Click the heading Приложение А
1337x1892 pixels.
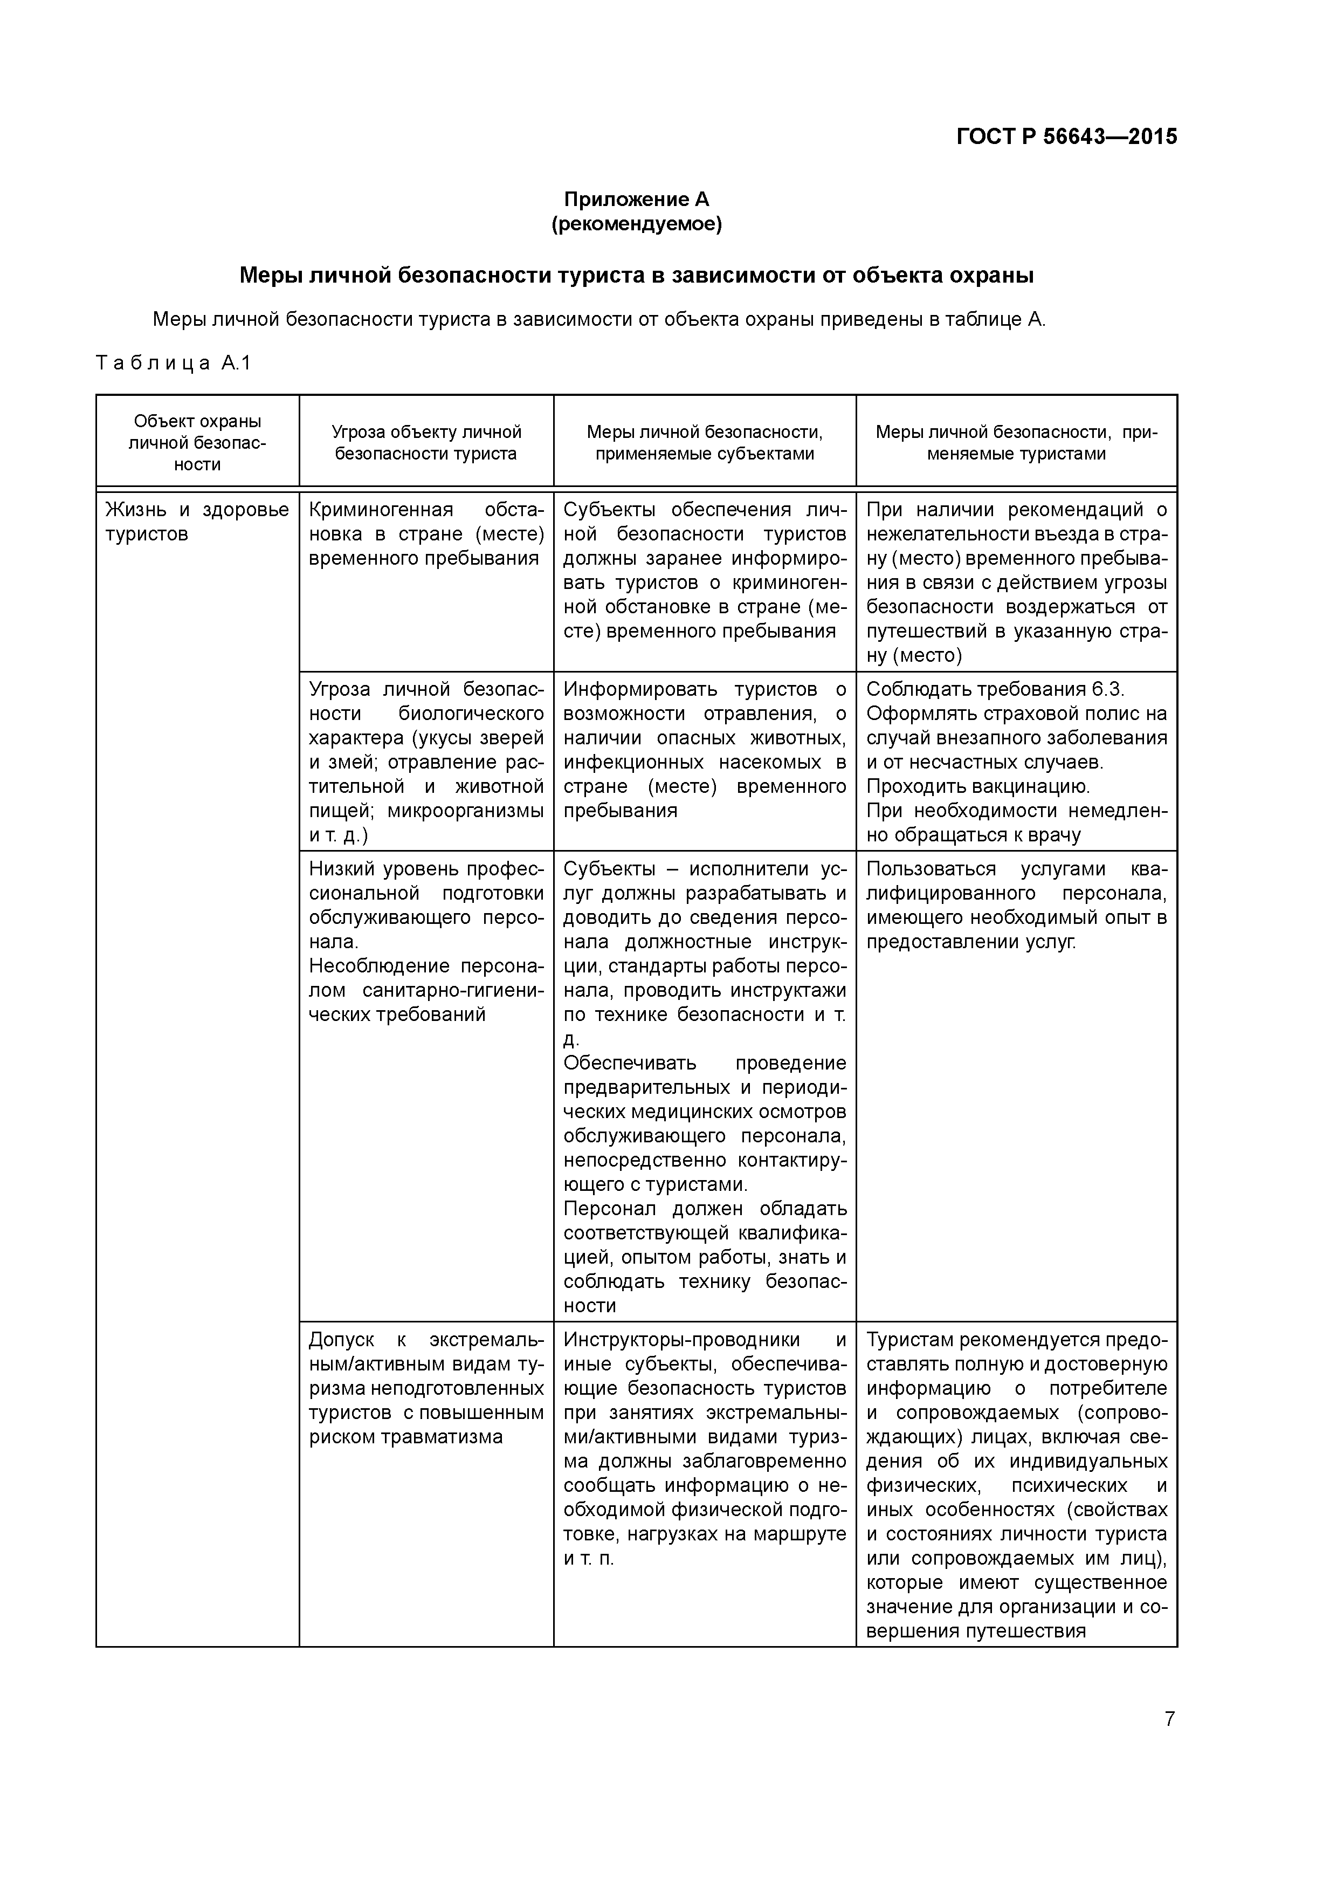click(636, 200)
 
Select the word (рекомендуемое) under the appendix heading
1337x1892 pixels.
click(636, 224)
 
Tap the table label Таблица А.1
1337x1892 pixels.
click(173, 362)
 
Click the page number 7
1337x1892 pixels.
click(1169, 1719)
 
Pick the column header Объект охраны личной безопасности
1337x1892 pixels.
click(198, 442)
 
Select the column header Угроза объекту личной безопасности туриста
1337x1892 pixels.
click(426, 442)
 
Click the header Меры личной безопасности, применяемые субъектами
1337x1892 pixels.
click(704, 442)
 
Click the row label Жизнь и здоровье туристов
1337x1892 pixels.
click(198, 522)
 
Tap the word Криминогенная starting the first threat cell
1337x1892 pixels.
click(381, 510)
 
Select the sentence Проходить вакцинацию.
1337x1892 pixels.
click(978, 786)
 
